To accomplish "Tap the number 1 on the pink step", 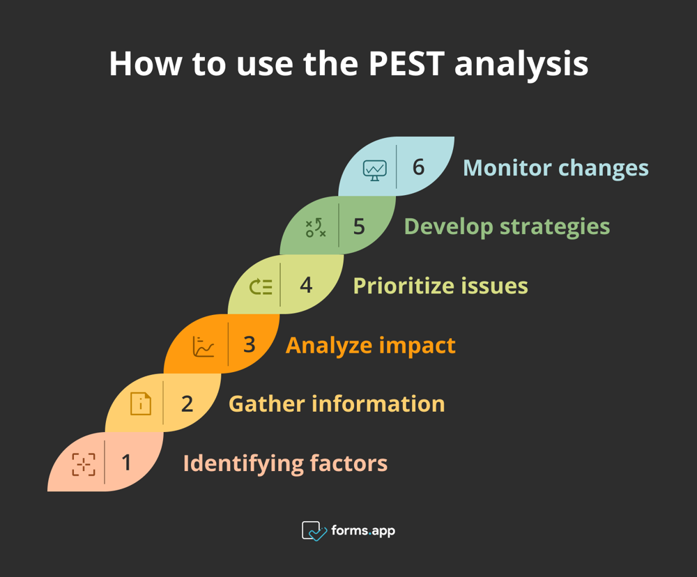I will coord(126,462).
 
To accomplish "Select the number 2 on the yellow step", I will coord(187,403).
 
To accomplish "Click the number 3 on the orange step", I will coord(249,344).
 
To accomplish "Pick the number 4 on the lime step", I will coord(306,285).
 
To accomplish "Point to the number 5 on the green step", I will coord(359,226).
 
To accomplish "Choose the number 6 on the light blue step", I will coord(418,167).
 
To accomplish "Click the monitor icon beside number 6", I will coord(374,169).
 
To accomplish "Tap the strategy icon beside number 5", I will coord(316,228).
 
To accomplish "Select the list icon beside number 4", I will coord(261,286).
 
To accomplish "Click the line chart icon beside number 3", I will coord(204,346).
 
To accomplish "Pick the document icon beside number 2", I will coord(141,404).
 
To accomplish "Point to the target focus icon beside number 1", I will coord(84,464).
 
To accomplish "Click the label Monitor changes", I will coord(556,168).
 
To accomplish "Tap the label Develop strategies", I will coord(507,226).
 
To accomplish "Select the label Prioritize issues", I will coord(440,286).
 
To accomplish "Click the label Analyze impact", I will coord(370,345).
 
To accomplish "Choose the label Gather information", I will coord(337,403).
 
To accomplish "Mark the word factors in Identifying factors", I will coord(348,463).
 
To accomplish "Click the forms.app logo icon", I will coord(314,531).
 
